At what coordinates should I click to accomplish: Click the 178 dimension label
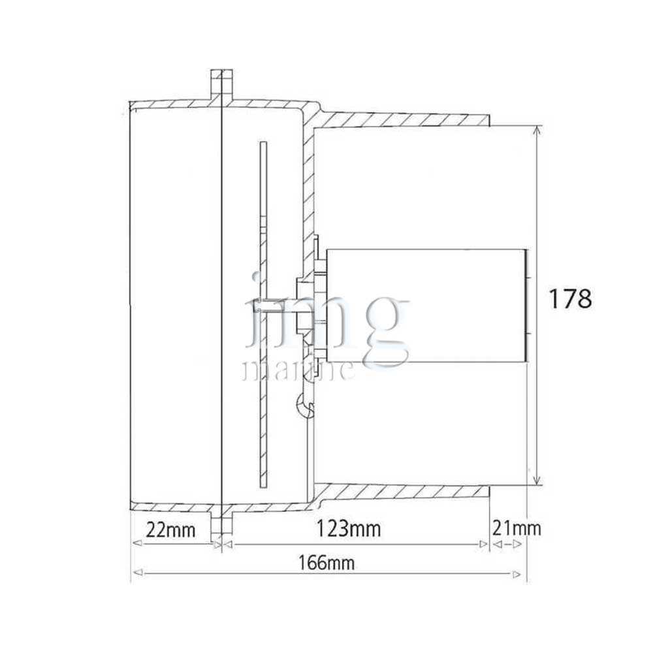coord(570,298)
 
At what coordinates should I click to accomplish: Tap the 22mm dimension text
coord(170,530)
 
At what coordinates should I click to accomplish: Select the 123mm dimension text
coord(349,529)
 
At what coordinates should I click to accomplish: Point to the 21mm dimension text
coord(517,528)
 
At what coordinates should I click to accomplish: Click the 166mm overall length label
coord(326,563)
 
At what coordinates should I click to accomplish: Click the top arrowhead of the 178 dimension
coord(537,131)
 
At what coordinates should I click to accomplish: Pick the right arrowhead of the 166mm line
coord(517,575)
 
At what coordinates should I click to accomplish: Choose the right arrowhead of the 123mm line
coord(483,544)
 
